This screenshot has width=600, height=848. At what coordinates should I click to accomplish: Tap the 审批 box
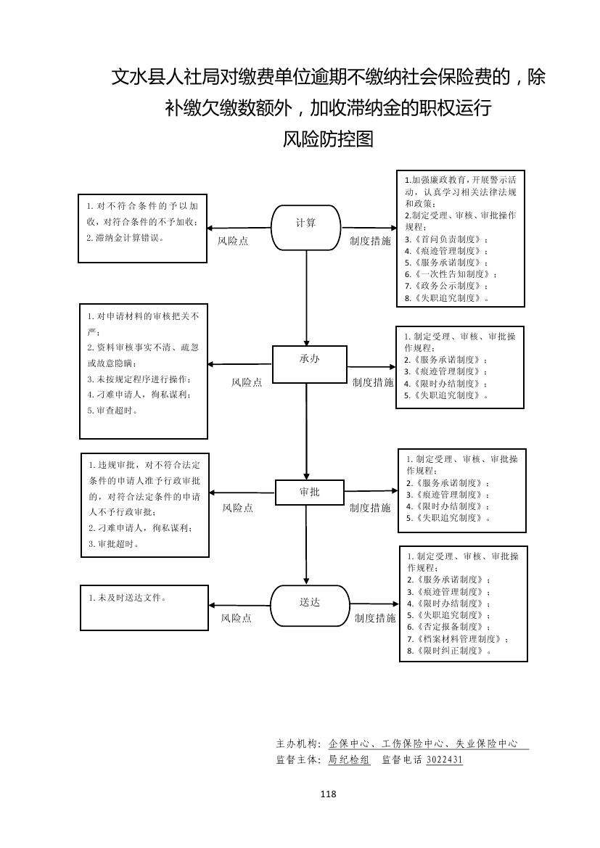pyautogui.click(x=309, y=493)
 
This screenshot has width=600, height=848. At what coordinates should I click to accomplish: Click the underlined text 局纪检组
pyautogui.click(x=349, y=760)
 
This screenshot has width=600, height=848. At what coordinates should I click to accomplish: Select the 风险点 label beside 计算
pyautogui.click(x=233, y=241)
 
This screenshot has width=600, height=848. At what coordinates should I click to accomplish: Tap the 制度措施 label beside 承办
pyautogui.click(x=372, y=382)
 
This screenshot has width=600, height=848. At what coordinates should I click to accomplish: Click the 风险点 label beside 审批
pyautogui.click(x=237, y=509)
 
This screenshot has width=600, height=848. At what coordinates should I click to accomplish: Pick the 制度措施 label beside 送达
pyautogui.click(x=375, y=618)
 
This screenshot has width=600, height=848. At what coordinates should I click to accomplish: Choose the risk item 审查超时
pyautogui.click(x=116, y=411)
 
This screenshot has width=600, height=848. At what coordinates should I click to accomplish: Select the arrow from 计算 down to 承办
pyautogui.click(x=306, y=297)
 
